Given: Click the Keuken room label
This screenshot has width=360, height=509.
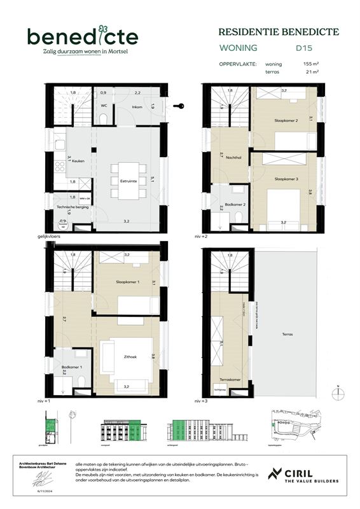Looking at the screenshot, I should [x=78, y=161].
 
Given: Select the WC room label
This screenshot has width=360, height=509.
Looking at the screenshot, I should [x=103, y=107].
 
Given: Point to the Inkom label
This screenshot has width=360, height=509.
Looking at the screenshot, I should [x=137, y=107].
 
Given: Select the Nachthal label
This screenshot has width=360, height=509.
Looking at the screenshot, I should [x=234, y=158].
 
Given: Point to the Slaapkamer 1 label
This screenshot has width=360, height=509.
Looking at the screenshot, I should [x=127, y=281].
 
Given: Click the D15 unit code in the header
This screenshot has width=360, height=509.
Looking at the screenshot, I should [x=303, y=48].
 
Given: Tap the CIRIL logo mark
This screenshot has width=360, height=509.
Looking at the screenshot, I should [x=275, y=473].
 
